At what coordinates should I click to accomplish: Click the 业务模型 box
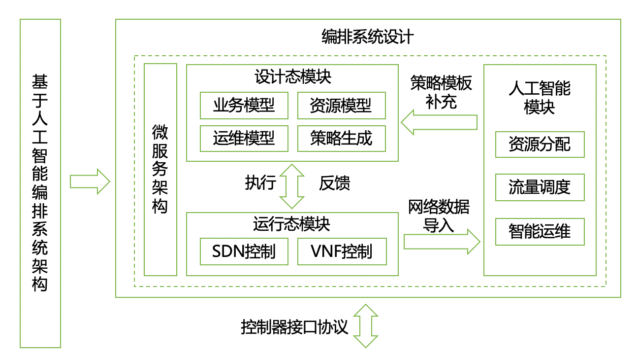[x=244, y=105]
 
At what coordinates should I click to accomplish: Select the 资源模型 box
[x=341, y=105]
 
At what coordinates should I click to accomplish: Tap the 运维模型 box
[x=244, y=138]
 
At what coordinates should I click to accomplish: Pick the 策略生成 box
[x=341, y=138]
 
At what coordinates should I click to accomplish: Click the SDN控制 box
[x=244, y=252]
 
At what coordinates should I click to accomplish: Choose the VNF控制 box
[x=341, y=252]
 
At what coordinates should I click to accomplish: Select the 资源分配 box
[x=540, y=144]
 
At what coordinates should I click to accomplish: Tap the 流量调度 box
[x=540, y=187]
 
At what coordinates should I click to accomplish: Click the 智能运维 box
[x=540, y=231]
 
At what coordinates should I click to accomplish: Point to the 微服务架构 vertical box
[x=160, y=169]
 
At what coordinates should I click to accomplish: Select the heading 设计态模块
[x=292, y=76]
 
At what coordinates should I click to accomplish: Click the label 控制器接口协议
[x=294, y=326]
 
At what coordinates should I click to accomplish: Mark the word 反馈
[x=334, y=183]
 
